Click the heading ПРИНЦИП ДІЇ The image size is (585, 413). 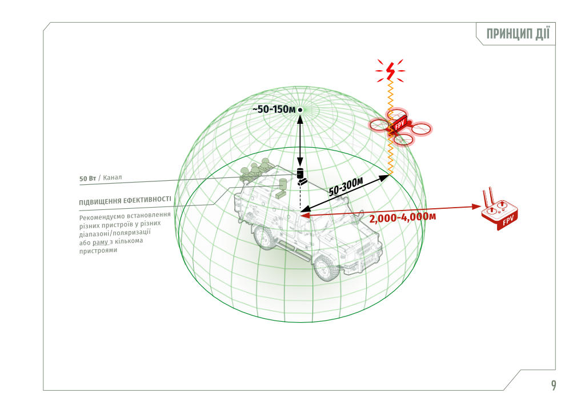click(518, 34)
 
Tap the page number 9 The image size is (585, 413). click(554, 385)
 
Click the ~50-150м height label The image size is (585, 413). click(274, 110)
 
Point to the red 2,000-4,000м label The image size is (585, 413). click(402, 217)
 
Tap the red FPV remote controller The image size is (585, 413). click(499, 211)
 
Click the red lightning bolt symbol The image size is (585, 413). click(390, 71)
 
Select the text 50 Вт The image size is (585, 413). click(87, 179)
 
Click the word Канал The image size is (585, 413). click(113, 177)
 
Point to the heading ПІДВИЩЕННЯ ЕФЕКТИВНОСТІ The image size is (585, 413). click(125, 201)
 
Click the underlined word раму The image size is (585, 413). click(100, 242)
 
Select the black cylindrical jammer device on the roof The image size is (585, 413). click(300, 173)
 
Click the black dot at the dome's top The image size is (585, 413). click(300, 110)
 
